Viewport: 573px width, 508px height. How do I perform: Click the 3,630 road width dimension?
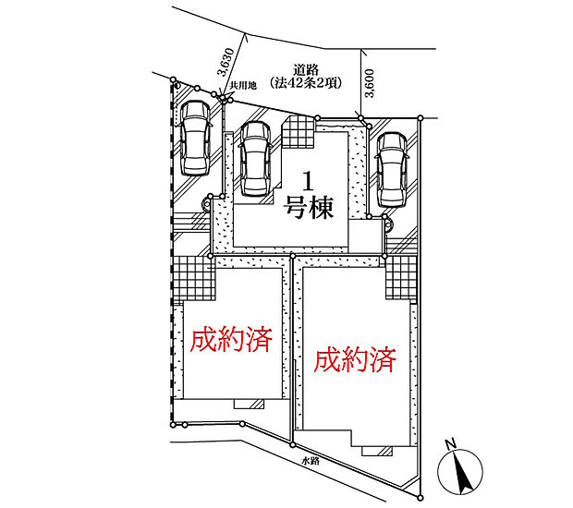click(x=226, y=62)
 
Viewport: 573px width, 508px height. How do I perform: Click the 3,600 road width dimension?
click(x=370, y=83)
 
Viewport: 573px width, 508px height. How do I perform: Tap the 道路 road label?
click(x=306, y=70)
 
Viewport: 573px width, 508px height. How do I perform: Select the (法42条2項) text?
click(x=306, y=83)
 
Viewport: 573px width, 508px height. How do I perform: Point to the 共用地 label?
click(x=243, y=86)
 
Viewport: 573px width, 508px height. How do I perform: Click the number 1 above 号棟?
click(x=309, y=182)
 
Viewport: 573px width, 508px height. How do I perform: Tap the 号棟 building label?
click(x=310, y=208)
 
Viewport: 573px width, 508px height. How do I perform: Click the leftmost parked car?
click(x=196, y=138)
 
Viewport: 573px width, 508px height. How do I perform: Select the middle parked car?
click(x=255, y=159)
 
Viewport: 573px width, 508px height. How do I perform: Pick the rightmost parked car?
click(x=392, y=169)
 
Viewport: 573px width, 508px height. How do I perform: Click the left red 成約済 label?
click(x=231, y=339)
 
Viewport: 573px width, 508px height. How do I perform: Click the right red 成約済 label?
click(x=355, y=359)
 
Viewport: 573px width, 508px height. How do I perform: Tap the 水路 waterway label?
click(x=311, y=461)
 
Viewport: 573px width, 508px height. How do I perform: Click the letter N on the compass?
click(x=451, y=444)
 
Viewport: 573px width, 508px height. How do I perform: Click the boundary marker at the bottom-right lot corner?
click(x=421, y=498)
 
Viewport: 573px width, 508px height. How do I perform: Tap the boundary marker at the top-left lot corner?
click(x=173, y=79)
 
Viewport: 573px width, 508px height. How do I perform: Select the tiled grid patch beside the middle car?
click(x=299, y=132)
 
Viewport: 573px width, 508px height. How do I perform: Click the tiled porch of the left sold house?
click(x=194, y=278)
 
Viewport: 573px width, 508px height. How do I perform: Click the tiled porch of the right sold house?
click(x=401, y=278)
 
